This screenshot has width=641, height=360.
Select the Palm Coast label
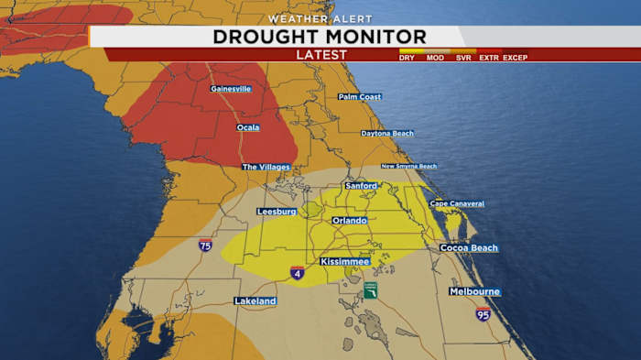(x=359, y=96)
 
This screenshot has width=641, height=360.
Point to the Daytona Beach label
(x=387, y=134)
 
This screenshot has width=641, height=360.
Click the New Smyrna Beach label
(x=408, y=166)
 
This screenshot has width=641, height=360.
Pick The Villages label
(x=266, y=167)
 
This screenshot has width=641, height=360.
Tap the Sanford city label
(x=361, y=186)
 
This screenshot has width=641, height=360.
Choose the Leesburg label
(x=277, y=212)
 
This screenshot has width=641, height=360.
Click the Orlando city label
(x=350, y=221)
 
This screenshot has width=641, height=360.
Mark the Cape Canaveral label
(x=457, y=203)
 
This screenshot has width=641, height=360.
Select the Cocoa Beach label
(x=468, y=247)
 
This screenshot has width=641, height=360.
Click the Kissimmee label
(x=344, y=262)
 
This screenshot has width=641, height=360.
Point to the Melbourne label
(x=474, y=291)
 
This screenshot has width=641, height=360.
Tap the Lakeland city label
(x=255, y=300)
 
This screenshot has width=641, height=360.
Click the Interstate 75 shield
(x=205, y=245)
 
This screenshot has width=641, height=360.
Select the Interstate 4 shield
(x=297, y=273)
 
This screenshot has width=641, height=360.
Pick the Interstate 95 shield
(x=483, y=314)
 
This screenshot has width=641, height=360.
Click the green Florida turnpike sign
(x=370, y=290)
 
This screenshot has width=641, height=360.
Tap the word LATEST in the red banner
(x=321, y=55)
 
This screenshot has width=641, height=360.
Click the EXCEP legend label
(x=515, y=58)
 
